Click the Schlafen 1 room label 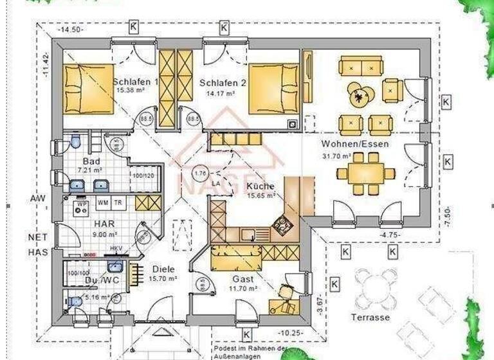click(136, 82)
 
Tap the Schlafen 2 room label click(223, 83)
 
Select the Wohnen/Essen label click(355, 144)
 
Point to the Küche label click(260, 186)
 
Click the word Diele click(163, 269)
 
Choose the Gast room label click(243, 279)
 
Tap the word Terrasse click(370, 318)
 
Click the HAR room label click(104, 224)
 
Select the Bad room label click(91, 161)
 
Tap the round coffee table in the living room click(359, 96)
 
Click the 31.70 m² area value click(336, 156)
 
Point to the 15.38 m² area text click(131, 91)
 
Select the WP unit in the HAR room click(82, 207)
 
